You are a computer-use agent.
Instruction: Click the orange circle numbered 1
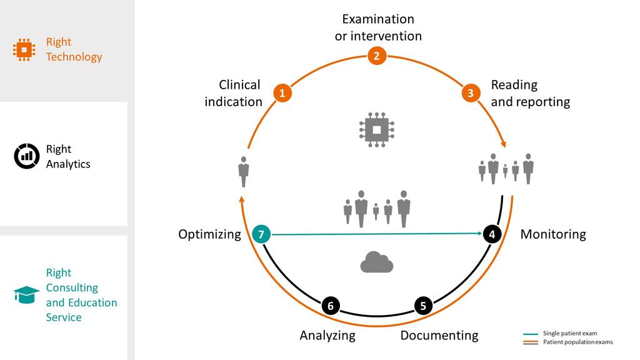(282, 94)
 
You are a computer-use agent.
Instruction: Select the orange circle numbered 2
(376, 56)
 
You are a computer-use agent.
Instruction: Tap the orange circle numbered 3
(471, 94)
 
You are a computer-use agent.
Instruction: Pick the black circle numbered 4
(492, 234)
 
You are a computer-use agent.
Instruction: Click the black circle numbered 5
(423, 306)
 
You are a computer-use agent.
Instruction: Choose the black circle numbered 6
(331, 306)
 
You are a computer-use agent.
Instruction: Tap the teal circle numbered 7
(261, 234)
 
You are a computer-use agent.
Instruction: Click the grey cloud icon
(376, 262)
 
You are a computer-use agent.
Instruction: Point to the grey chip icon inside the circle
(376, 130)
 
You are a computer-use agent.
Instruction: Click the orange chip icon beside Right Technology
(24, 49)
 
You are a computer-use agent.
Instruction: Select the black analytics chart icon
(26, 156)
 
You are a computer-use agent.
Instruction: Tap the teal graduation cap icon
(26, 294)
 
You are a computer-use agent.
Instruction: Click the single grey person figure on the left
(244, 171)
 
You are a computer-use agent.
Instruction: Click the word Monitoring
(553, 234)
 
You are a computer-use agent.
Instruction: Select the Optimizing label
(209, 234)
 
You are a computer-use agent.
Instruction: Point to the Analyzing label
(327, 336)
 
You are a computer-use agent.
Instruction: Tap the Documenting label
(439, 336)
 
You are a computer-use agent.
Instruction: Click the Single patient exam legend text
(570, 334)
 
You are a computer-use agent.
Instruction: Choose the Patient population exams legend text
(578, 342)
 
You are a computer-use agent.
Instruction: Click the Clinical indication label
(234, 93)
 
